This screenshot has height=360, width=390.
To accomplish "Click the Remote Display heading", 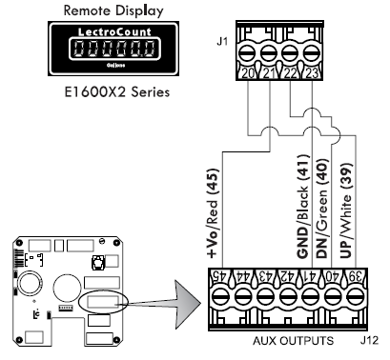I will (x=113, y=10).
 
